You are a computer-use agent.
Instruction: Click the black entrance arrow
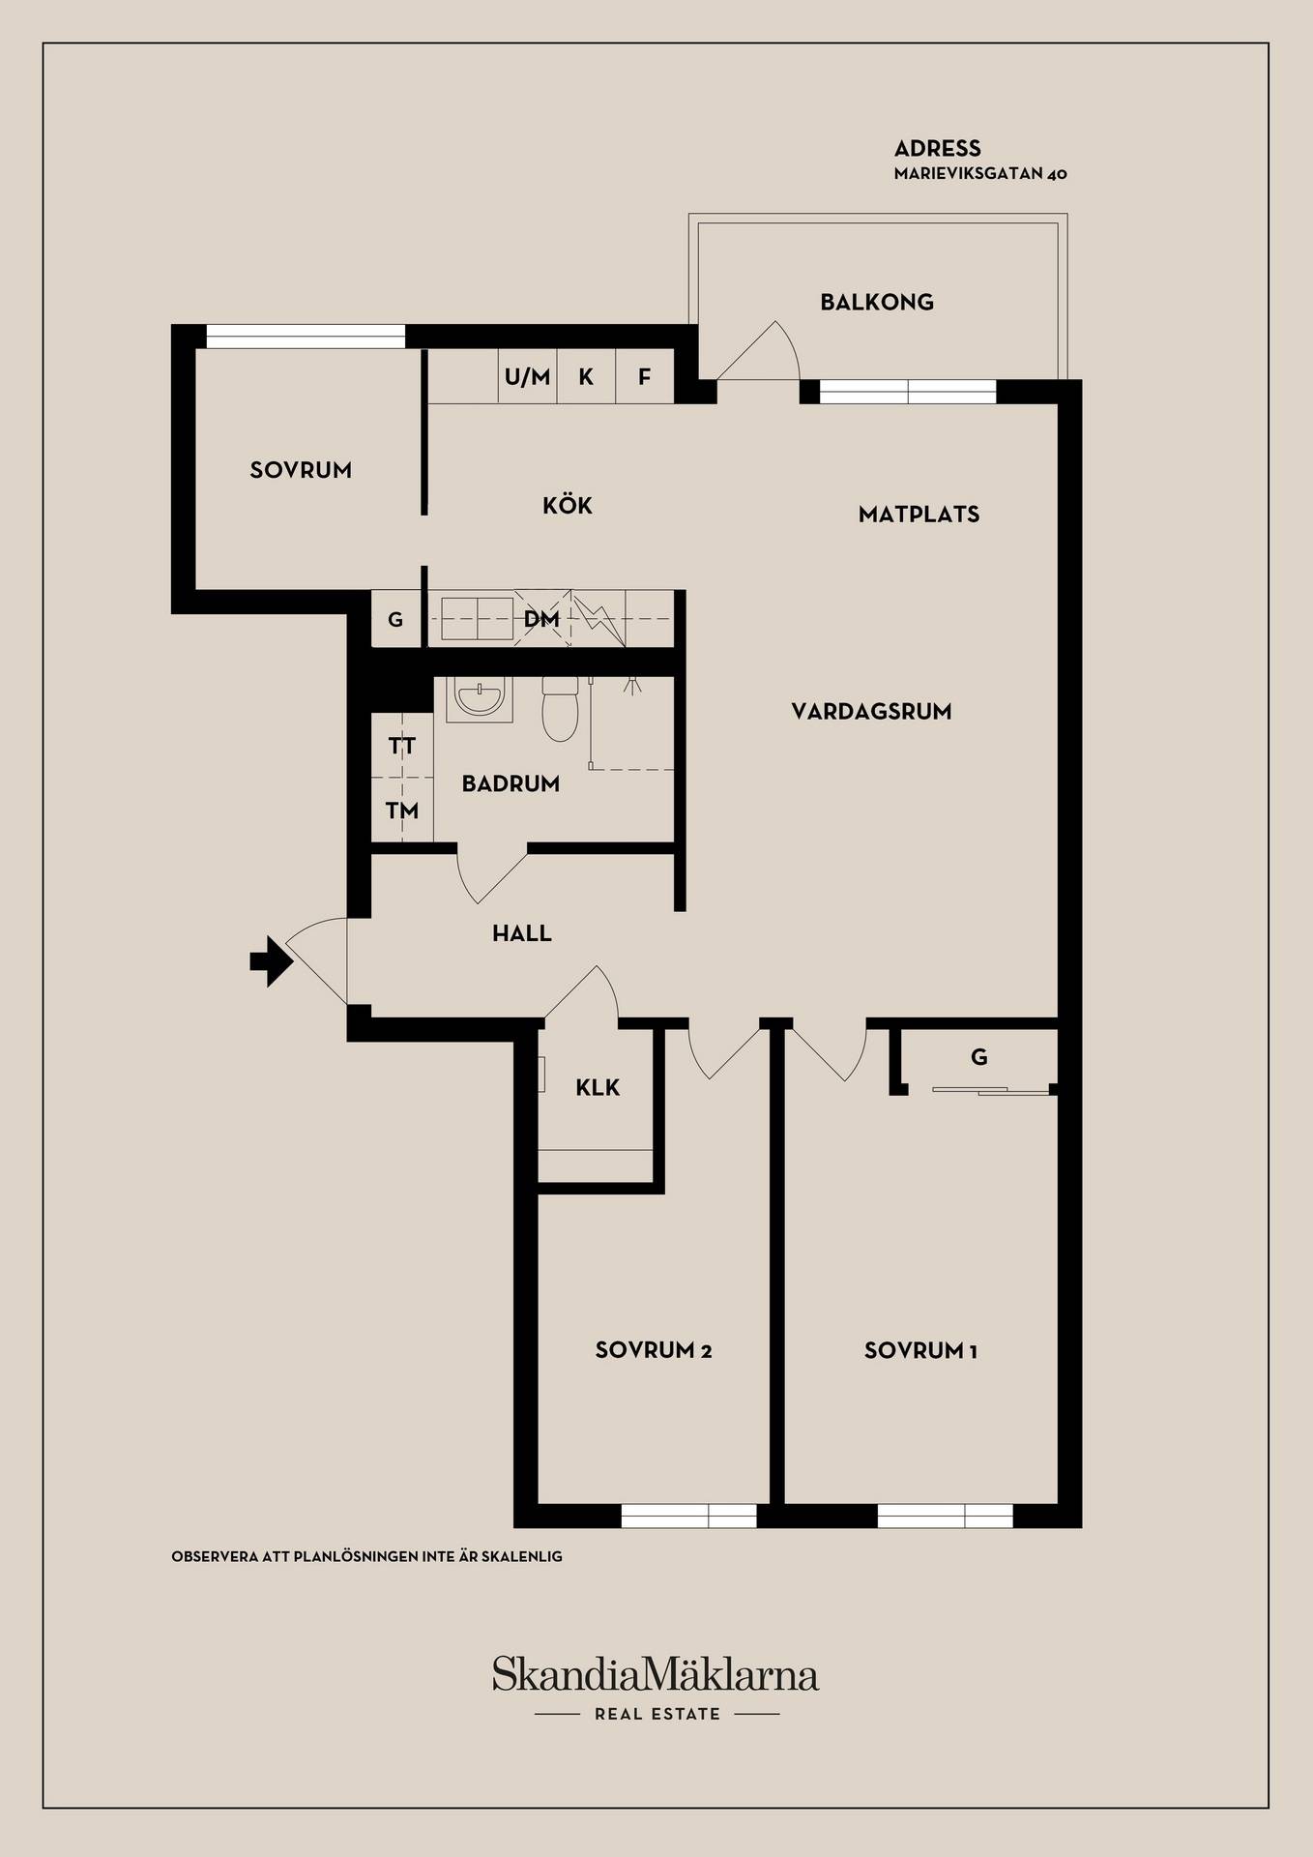pyautogui.click(x=272, y=961)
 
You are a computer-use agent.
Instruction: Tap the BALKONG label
pyautogui.click(x=877, y=302)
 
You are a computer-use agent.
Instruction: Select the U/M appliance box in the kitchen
pyautogui.click(x=528, y=376)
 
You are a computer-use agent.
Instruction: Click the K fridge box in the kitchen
pyautogui.click(x=586, y=376)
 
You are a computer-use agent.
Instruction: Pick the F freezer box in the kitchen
pyautogui.click(x=645, y=376)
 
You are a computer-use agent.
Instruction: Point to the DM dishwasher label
pyautogui.click(x=541, y=619)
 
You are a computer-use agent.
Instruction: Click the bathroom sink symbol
pyautogui.click(x=479, y=699)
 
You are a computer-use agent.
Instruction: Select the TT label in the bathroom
pyautogui.click(x=402, y=746)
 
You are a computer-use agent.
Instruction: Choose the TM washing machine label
pyautogui.click(x=402, y=811)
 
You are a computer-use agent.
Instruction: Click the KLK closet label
pyautogui.click(x=598, y=1087)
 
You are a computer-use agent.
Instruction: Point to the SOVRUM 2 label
pyautogui.click(x=654, y=1350)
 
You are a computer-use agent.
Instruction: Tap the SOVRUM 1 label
pyautogui.click(x=920, y=1350)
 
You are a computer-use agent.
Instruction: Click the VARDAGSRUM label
pyautogui.click(x=871, y=712)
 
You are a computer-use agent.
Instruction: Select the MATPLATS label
pyautogui.click(x=919, y=515)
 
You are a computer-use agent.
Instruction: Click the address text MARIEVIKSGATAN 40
pyautogui.click(x=980, y=174)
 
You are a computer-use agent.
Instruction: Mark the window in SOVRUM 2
pyautogui.click(x=688, y=1516)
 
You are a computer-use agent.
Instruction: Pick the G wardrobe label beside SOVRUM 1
pyautogui.click(x=979, y=1057)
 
